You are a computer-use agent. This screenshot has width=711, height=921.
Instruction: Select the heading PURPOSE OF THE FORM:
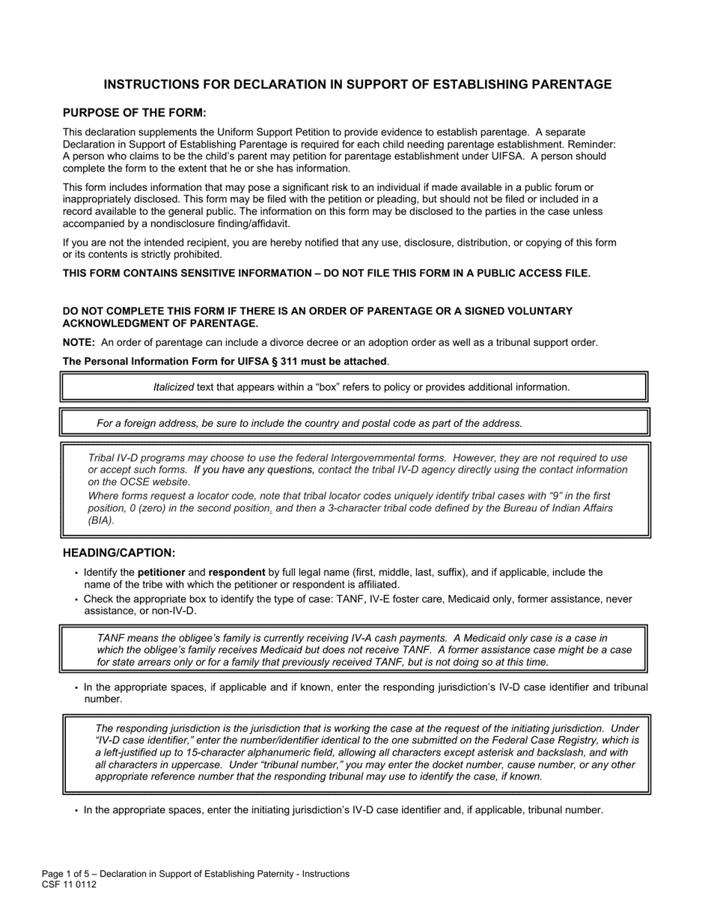coord(134,113)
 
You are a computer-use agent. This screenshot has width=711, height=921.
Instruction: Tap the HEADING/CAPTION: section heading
coord(119,553)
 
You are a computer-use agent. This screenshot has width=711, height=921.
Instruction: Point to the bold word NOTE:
coord(79,343)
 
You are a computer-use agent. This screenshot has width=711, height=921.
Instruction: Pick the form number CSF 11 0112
coord(69,884)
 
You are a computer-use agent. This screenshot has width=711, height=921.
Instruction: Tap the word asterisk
coord(508,753)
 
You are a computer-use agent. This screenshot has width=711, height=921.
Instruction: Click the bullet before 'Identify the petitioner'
coord(76,574)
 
